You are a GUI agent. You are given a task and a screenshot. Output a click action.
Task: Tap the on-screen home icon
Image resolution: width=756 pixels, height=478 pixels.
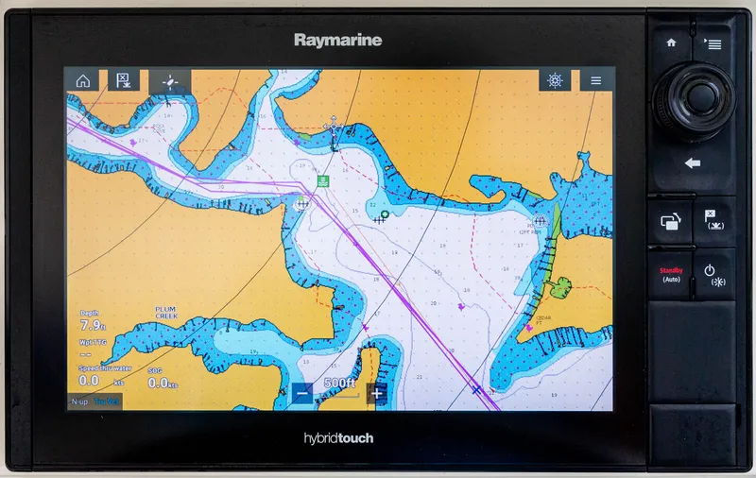coord(82,81)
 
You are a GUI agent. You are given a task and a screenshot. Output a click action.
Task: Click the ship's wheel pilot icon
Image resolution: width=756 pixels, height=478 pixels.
coord(555,81)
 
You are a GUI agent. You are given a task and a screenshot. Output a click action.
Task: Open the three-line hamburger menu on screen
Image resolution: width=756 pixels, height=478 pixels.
coord(596,81)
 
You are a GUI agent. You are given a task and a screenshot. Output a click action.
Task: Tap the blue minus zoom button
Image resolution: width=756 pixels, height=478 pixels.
coord(302,394)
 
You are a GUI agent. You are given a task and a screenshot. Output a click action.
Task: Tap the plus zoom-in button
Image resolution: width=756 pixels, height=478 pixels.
coord(377,394)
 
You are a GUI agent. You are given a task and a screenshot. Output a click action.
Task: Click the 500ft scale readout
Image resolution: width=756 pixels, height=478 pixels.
coord(339,384)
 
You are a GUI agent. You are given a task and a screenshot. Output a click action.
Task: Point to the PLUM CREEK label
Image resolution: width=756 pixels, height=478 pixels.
coord(165,313)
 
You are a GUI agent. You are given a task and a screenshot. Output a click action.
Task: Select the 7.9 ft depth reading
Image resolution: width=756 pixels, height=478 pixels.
coord(92,326)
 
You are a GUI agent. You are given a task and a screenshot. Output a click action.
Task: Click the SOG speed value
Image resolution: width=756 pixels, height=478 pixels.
coord(160,384)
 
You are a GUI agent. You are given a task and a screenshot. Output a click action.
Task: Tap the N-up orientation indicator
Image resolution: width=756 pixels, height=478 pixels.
coord(80,402)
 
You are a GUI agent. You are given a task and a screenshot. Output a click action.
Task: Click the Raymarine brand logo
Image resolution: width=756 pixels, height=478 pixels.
coord(337,40)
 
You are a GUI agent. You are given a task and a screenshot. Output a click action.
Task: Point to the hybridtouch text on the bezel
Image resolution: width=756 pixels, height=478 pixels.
coord(338,438)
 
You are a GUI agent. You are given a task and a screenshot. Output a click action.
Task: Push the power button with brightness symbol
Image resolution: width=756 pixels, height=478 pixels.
coord(715,274)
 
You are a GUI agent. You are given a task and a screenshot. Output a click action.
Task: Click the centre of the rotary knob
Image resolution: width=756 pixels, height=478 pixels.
coord(698,94)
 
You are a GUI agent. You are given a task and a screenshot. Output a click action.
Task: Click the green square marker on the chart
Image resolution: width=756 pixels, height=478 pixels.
coord(323,180)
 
